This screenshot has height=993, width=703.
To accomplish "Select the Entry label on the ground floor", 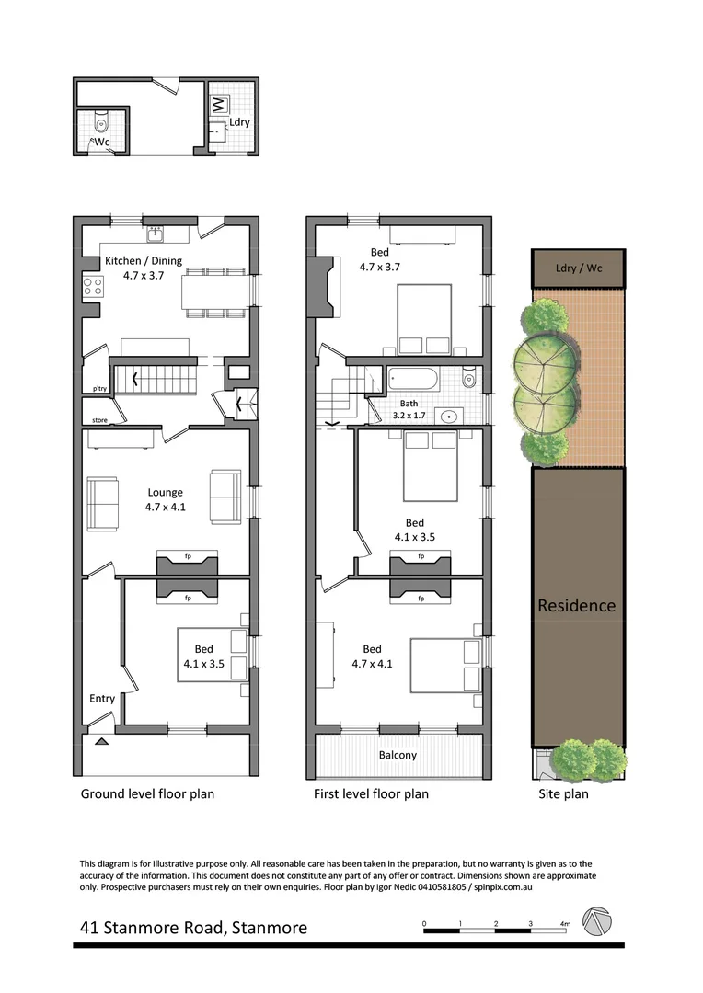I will click(102, 699).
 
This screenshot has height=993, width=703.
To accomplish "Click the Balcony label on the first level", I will click(398, 755).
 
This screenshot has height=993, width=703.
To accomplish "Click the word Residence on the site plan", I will click(576, 606).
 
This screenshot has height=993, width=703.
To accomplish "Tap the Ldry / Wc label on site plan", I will click(578, 269).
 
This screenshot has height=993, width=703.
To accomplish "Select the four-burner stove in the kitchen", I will click(93, 286).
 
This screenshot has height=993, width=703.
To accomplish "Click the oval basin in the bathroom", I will click(448, 417).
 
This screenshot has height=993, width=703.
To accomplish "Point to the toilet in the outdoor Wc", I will click(101, 122).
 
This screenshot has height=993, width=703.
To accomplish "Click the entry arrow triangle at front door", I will click(101, 740).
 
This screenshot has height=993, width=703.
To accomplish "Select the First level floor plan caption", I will click(372, 793).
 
